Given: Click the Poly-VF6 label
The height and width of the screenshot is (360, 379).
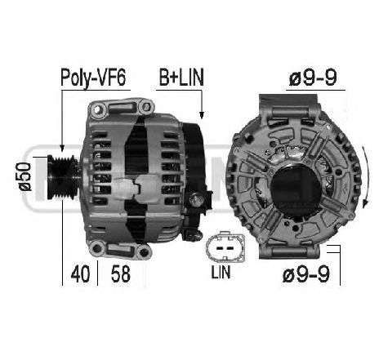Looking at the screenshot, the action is pos(93,78).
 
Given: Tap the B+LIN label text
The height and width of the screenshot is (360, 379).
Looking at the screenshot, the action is pos(181,78).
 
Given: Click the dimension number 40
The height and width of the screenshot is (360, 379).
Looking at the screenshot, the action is pos(80,273).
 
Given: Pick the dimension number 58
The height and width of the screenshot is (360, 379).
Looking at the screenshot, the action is pos(121,273).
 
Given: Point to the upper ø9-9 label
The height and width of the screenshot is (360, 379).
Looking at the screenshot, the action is pos(313,78).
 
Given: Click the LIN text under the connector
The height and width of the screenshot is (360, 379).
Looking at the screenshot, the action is pos(221,272).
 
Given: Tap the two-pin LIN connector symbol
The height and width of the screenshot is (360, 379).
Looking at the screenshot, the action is pos(225,247).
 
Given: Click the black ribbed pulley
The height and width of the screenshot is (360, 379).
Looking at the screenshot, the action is pos(63,177).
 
